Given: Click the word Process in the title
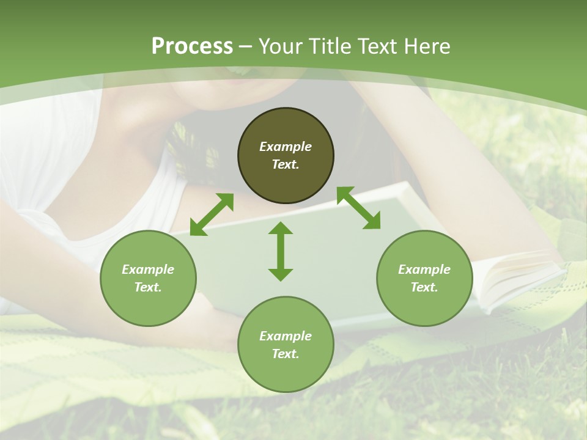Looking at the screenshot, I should (x=192, y=46).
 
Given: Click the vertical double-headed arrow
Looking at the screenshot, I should (x=281, y=251).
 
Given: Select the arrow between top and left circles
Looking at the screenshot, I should (x=212, y=215).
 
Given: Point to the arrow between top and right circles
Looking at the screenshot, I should (x=358, y=208).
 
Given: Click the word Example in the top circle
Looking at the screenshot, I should (x=286, y=147).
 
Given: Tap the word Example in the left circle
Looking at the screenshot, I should (x=148, y=269).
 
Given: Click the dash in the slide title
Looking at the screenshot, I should (x=246, y=46).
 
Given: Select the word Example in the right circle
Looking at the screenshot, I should (x=424, y=269).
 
